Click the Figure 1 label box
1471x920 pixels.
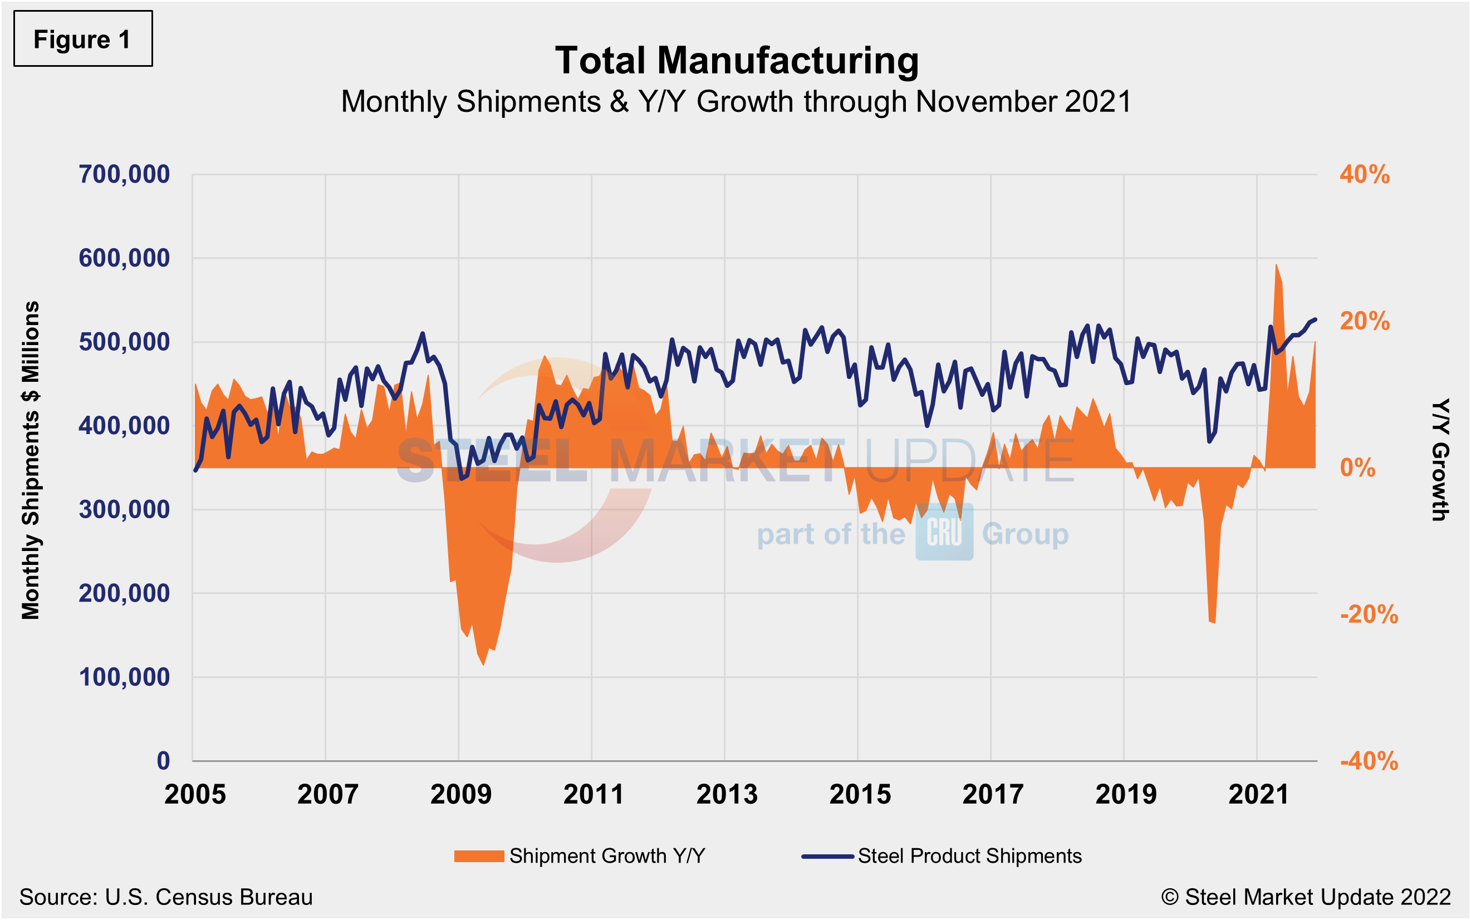(x=83, y=39)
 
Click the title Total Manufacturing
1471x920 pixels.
(x=737, y=61)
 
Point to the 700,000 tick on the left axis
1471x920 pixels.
(x=124, y=175)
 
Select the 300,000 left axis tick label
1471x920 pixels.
(x=124, y=509)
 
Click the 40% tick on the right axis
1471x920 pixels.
(x=1365, y=175)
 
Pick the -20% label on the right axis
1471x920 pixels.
(x=1369, y=614)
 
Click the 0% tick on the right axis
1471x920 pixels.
(x=1357, y=468)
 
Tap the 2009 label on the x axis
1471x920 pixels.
(x=460, y=794)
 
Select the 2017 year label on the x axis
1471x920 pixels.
(x=993, y=794)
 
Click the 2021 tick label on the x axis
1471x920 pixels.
(x=1259, y=794)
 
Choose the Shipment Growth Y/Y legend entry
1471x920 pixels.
(x=580, y=856)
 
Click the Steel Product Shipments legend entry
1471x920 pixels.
(x=942, y=856)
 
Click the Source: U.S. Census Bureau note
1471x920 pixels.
(x=165, y=897)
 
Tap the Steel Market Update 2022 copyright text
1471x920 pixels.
(x=1306, y=897)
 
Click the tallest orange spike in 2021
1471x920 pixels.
(x=1276, y=266)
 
